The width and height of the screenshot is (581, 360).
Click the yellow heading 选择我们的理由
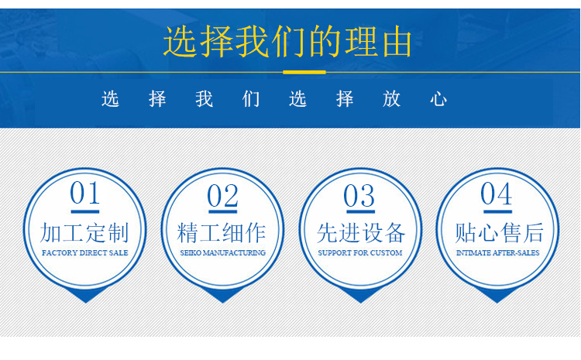click(287, 42)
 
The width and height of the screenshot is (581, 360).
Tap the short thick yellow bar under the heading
click(304, 72)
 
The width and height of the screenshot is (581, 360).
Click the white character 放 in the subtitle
click(392, 99)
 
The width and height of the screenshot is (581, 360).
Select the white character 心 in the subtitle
click(438, 99)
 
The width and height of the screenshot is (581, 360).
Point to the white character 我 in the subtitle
click(205, 99)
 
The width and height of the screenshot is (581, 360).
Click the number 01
click(85, 193)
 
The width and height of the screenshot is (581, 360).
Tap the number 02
click(222, 196)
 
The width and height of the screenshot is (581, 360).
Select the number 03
click(359, 196)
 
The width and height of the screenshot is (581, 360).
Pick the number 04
click(497, 194)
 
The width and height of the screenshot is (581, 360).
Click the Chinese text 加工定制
click(84, 232)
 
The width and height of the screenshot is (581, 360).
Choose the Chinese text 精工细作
click(222, 232)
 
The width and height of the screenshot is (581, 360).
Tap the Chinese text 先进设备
click(361, 232)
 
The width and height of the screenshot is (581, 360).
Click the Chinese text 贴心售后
click(499, 232)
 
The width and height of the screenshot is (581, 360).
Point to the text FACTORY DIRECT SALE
click(85, 253)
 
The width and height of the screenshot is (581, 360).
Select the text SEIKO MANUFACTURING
click(222, 253)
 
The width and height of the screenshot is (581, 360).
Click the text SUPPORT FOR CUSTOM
click(359, 253)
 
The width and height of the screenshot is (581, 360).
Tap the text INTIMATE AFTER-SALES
click(497, 253)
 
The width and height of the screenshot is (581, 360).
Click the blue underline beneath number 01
click(85, 212)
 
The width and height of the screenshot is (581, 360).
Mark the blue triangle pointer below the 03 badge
click(360, 296)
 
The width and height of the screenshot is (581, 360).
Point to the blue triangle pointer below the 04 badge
click(497, 296)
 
